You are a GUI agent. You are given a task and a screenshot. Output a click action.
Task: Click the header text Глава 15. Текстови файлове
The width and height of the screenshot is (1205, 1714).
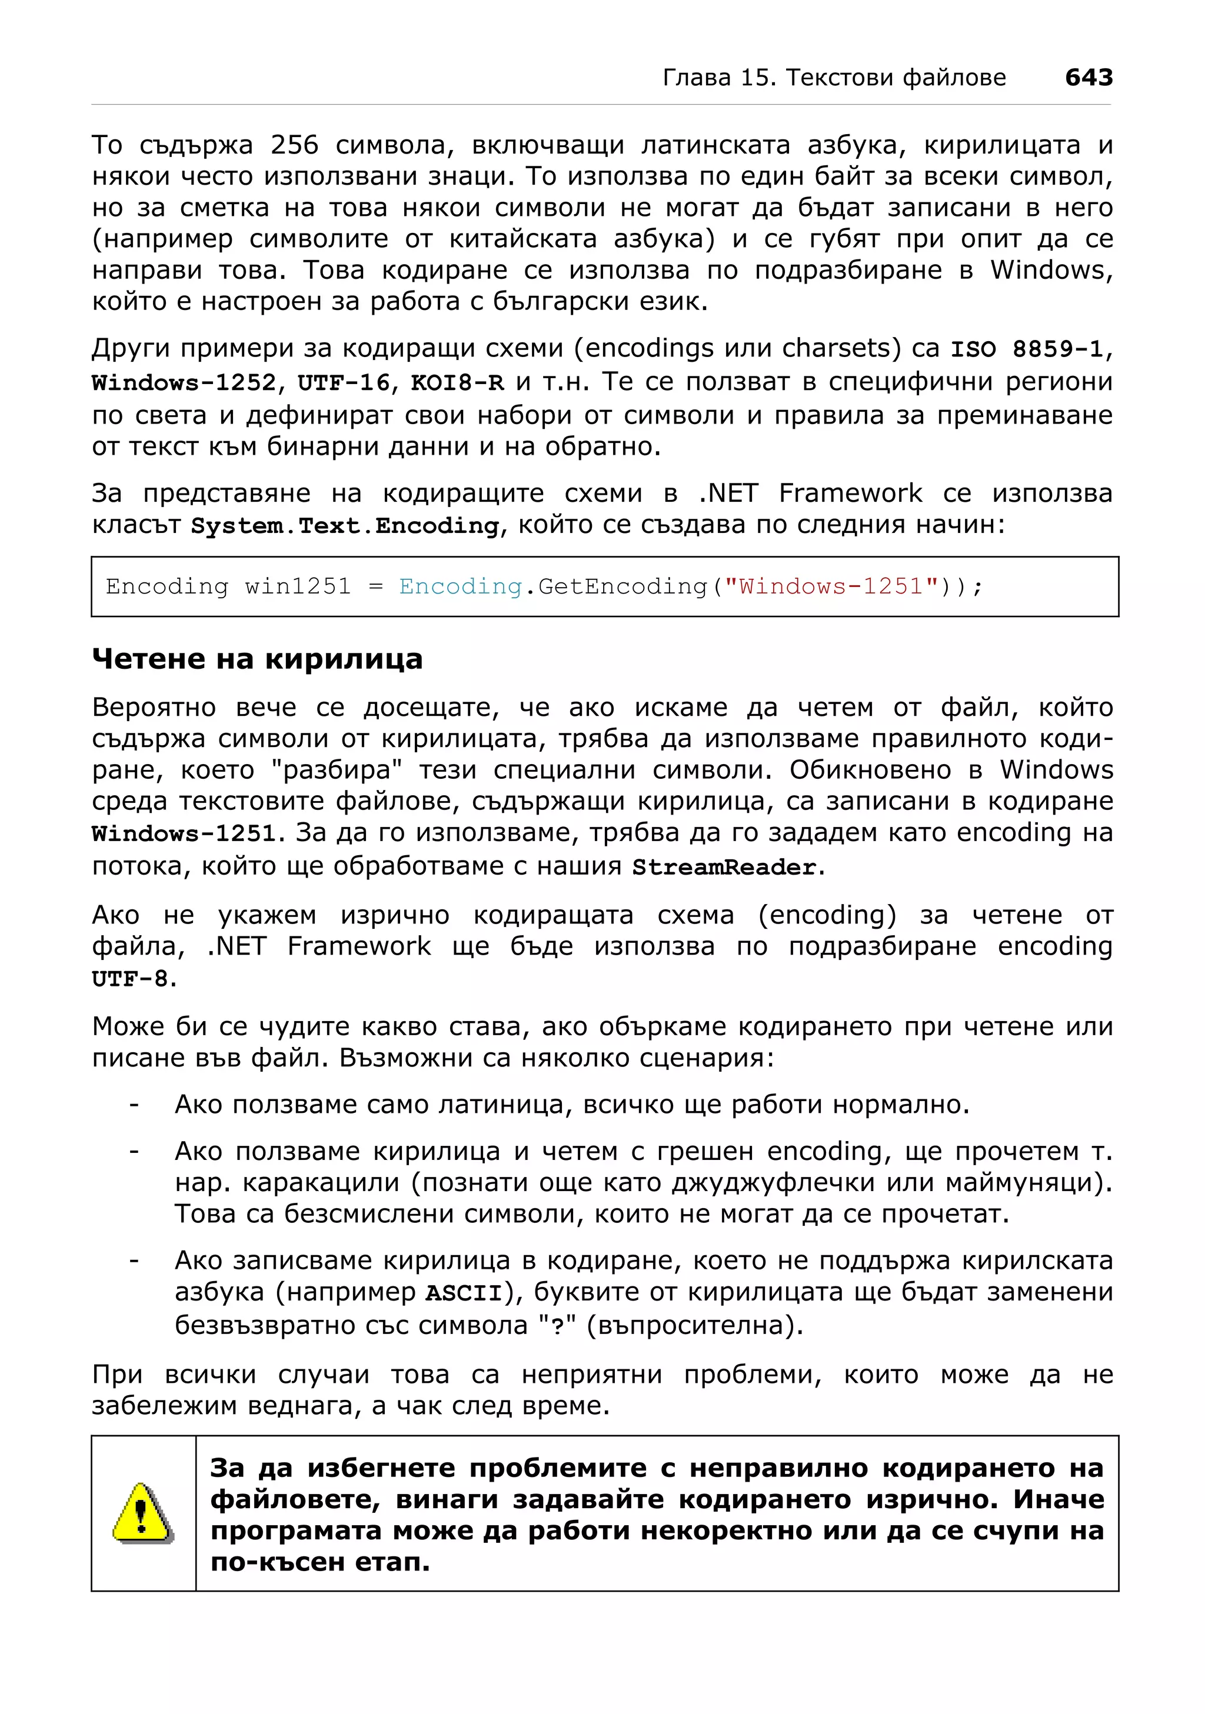pos(834,78)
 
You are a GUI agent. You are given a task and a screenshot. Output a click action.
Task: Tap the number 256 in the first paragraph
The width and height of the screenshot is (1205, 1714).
pos(294,145)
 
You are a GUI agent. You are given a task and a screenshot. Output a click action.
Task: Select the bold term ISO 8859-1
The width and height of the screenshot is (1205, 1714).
pos(1027,349)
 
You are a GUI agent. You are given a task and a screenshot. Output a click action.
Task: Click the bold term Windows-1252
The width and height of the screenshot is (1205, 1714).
pos(184,383)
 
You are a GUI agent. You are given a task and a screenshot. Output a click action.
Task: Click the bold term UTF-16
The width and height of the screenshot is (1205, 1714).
pos(344,383)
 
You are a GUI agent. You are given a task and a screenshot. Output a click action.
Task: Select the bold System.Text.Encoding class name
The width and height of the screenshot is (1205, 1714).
pos(344,526)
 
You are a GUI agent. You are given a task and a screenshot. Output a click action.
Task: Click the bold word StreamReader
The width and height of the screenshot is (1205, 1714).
pos(724,868)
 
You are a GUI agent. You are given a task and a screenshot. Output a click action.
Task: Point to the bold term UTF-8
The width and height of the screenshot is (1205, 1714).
pos(130,979)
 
